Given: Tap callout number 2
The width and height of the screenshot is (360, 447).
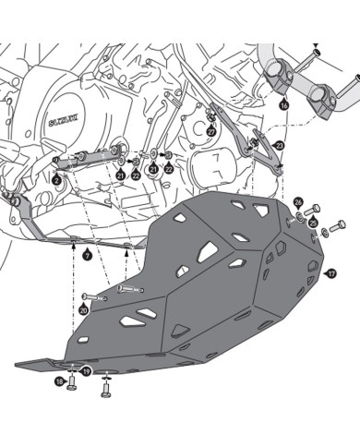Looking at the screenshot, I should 57,181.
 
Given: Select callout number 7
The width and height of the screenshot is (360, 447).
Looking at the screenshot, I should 88,253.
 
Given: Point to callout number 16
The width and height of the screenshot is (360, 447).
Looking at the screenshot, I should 283,106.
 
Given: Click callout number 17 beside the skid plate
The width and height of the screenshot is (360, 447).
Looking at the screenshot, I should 331,273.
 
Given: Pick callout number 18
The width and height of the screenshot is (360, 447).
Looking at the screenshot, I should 60,381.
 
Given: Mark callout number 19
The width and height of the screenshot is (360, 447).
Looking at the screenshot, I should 87,371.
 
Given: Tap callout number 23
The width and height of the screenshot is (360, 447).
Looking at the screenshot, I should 280,146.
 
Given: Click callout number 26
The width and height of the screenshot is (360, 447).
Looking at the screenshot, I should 298,202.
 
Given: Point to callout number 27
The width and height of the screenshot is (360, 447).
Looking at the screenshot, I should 211,131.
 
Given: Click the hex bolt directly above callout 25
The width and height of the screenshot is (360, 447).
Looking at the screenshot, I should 314,210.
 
